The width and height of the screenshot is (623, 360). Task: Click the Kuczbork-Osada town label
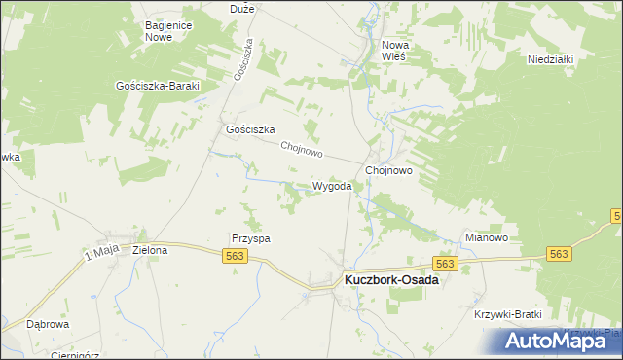tap(390, 280)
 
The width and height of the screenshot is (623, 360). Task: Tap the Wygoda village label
tap(331, 186)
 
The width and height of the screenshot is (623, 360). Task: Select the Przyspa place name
tap(250, 237)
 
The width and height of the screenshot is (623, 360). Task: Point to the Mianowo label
tap(487, 236)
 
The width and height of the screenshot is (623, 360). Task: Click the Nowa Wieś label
tap(399, 51)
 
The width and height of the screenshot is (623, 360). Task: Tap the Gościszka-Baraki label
tap(157, 86)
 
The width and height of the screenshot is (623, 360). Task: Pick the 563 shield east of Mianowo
tap(558, 253)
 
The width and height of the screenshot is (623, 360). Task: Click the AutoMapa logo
tap(551, 341)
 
